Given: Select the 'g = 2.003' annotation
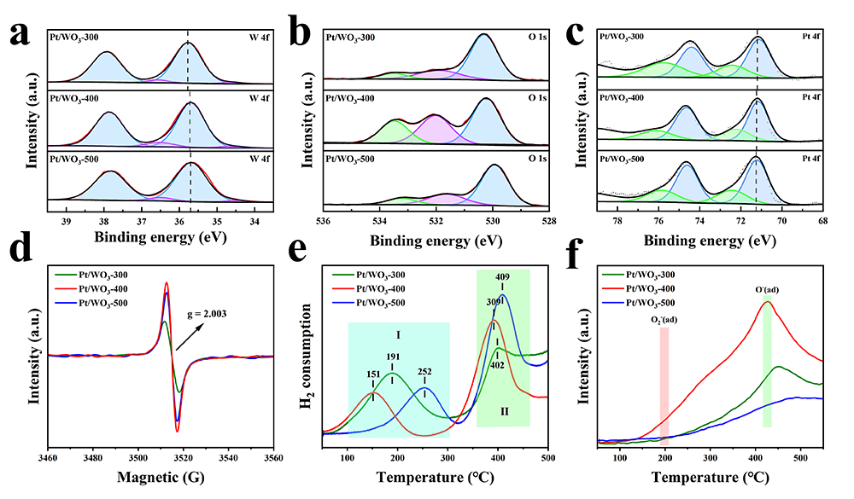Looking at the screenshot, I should (236, 313).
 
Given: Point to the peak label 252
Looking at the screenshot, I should (424, 373).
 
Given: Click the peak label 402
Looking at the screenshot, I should (497, 366).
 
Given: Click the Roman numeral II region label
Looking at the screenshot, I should (504, 412).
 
